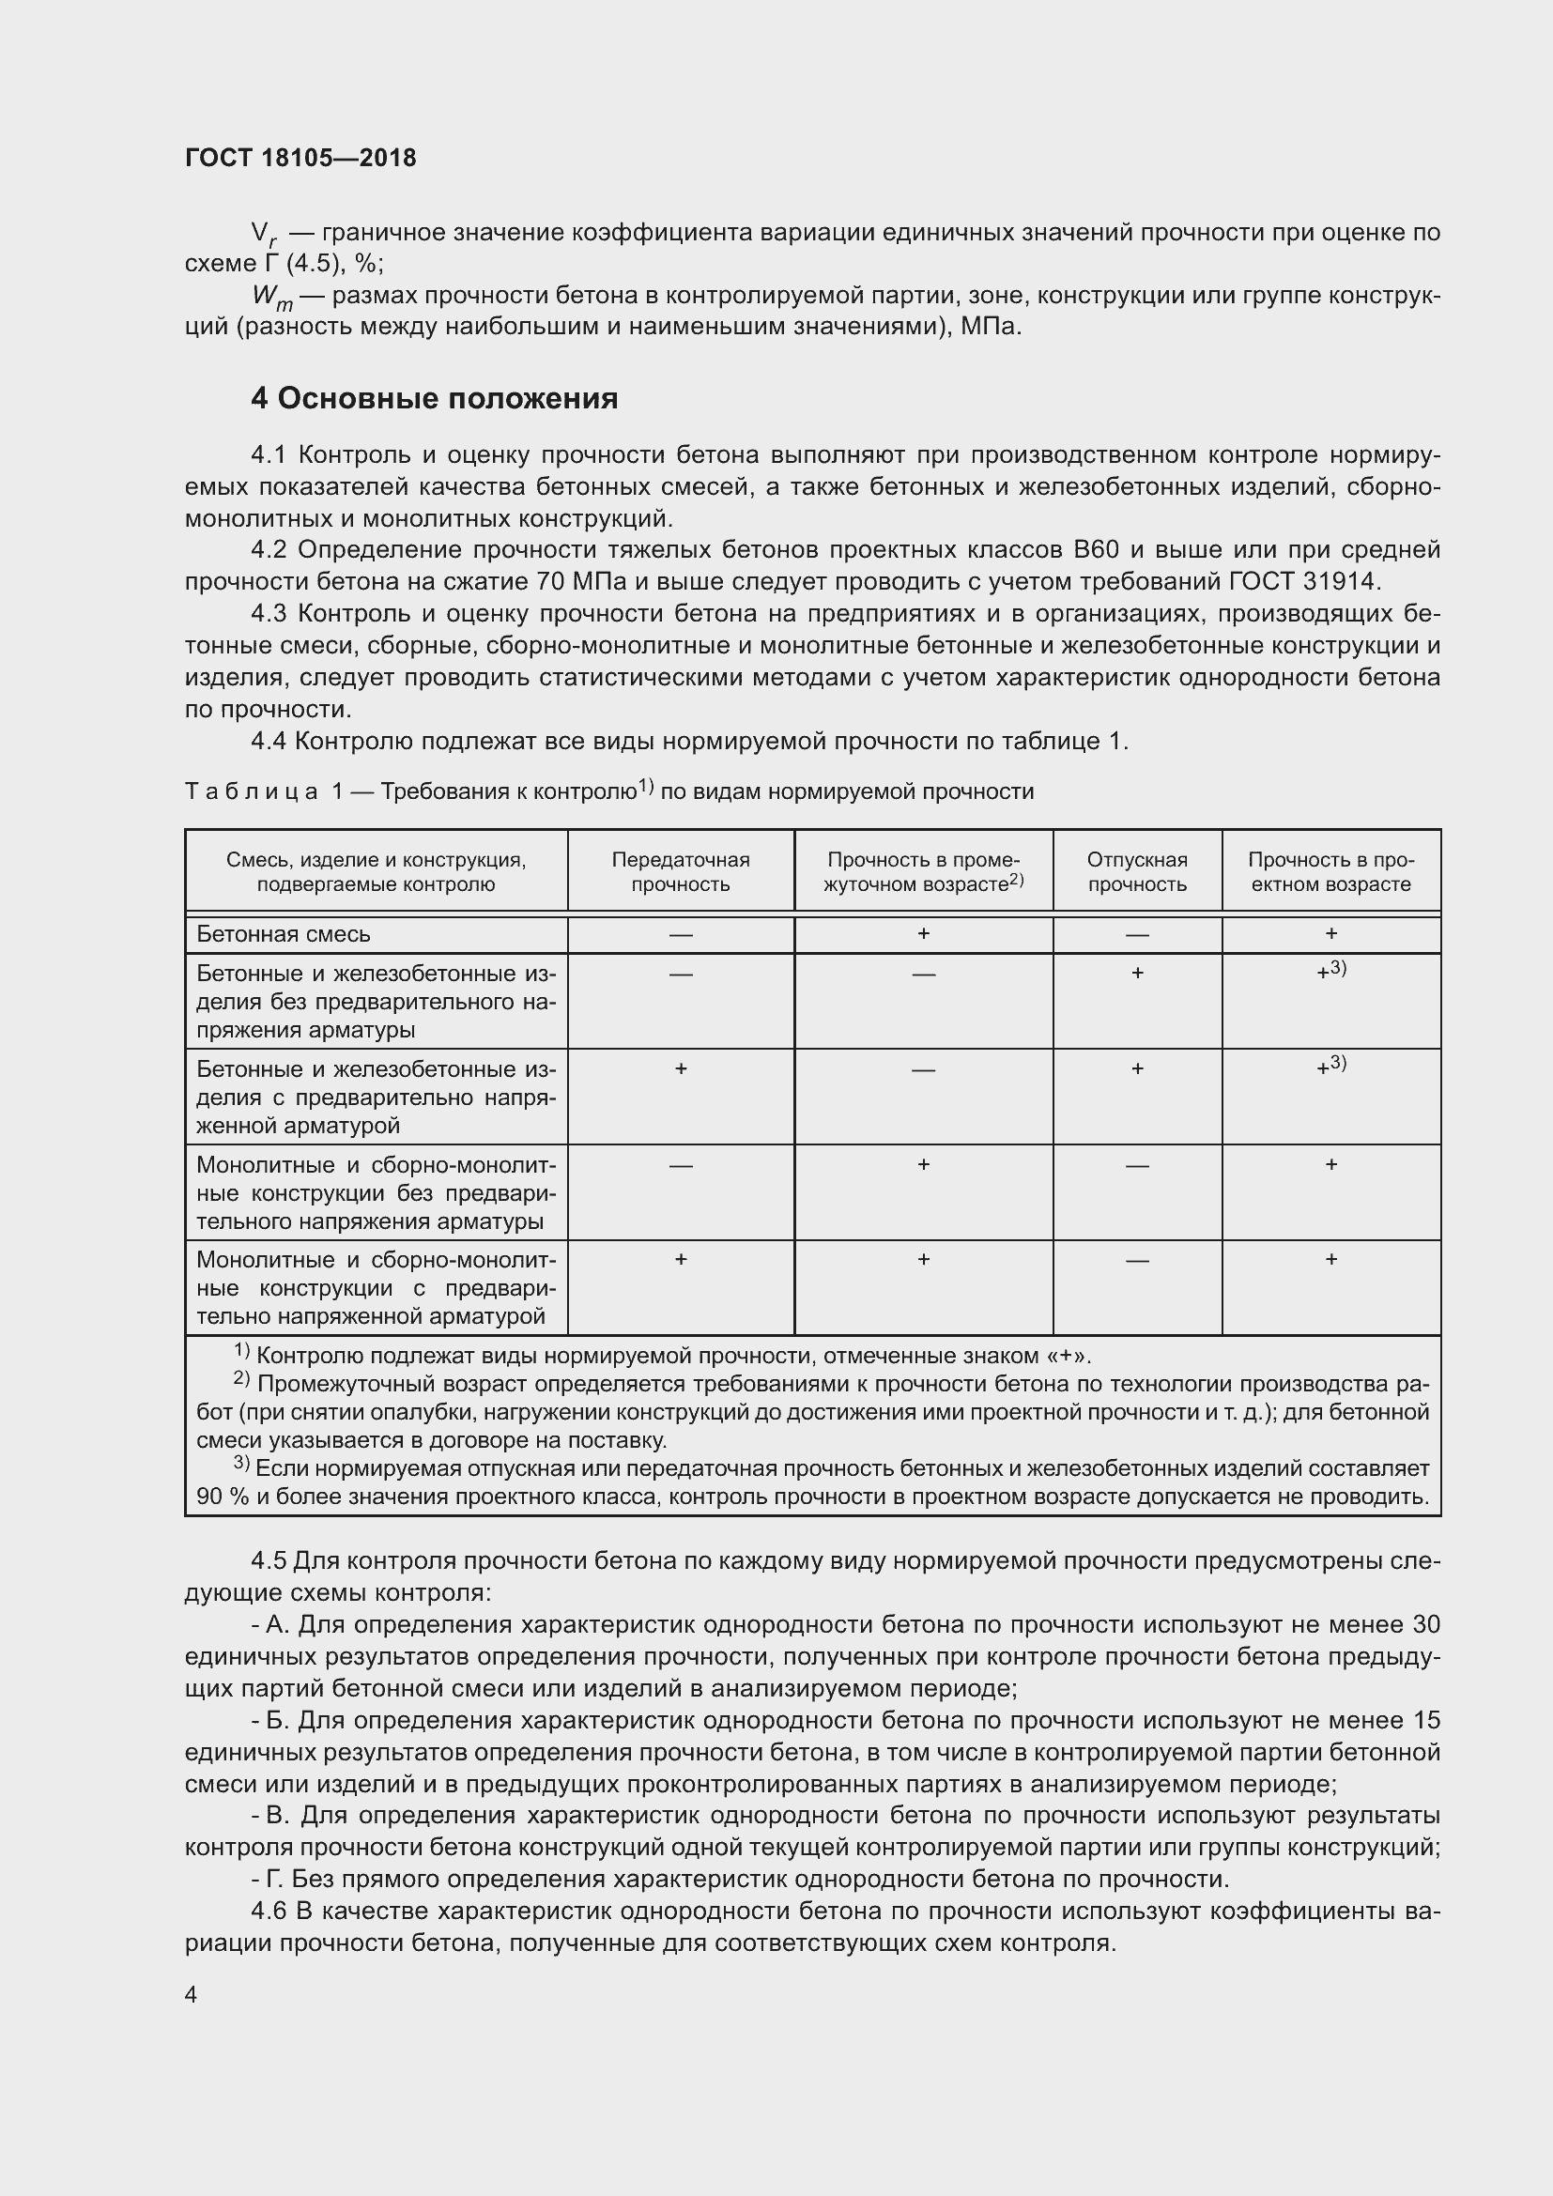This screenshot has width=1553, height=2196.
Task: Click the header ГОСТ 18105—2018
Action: coord(300,158)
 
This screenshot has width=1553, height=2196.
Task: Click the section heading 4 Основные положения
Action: coord(434,398)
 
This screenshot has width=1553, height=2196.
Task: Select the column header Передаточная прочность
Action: coord(680,871)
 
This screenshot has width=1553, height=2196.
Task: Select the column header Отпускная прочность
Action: coord(1136,871)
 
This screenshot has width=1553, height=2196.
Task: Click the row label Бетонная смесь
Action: coord(283,933)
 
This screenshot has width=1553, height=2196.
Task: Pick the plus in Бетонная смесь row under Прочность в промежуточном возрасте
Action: coord(923,933)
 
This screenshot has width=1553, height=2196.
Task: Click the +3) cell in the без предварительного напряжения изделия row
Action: coord(1330,971)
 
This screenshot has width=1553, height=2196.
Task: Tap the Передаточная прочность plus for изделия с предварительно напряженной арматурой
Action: coord(680,1068)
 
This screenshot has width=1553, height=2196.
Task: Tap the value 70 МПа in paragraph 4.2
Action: coord(601,581)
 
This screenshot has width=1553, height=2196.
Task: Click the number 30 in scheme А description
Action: coord(1425,1625)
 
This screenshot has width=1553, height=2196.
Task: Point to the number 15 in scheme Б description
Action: coord(1425,1720)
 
